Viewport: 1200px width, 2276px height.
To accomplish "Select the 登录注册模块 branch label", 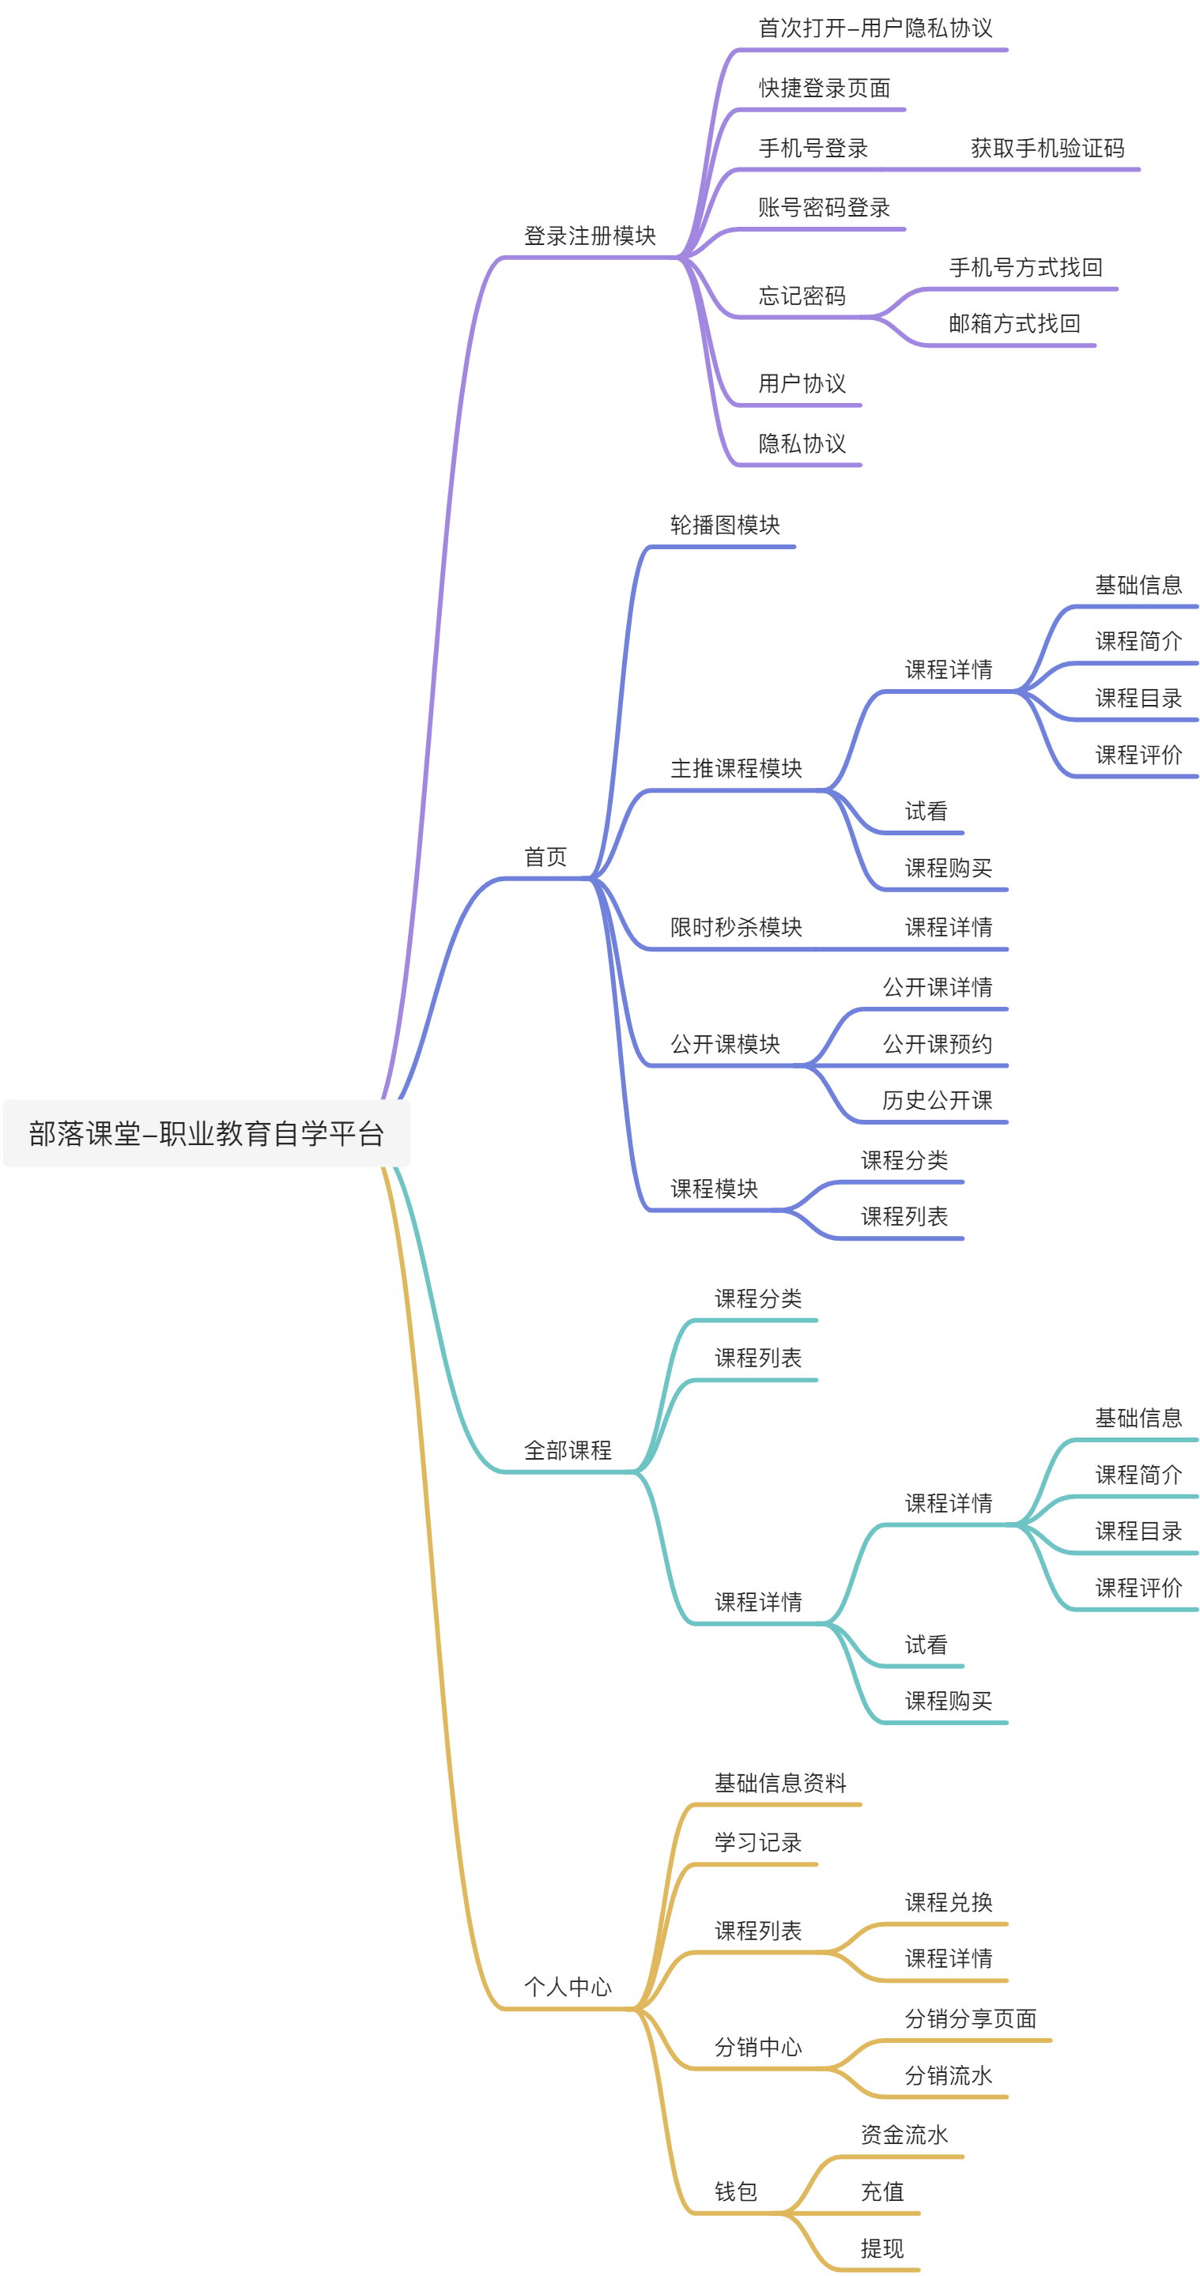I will pyautogui.click(x=590, y=236).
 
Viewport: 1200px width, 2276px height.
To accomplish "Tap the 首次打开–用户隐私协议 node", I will pyautogui.click(x=875, y=28).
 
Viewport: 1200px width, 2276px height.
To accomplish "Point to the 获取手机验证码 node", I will pyautogui.click(x=1047, y=149).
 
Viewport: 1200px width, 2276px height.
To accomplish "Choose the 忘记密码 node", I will pyautogui.click(x=802, y=296).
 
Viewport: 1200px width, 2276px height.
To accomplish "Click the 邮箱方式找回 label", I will pyautogui.click(x=1013, y=324).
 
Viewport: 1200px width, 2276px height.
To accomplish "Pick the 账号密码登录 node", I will pyautogui.click(x=824, y=208).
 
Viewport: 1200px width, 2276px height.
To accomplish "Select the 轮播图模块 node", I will pyautogui.click(x=725, y=526).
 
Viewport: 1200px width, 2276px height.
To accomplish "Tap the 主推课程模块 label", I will pyautogui.click(x=736, y=769).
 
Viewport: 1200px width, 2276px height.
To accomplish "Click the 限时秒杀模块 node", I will pyautogui.click(x=736, y=928).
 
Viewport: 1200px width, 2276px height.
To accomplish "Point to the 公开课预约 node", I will pyautogui.click(x=938, y=1044).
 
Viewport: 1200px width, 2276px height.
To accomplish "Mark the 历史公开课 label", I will pyautogui.click(x=937, y=1101).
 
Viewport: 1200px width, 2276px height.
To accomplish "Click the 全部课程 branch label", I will pyautogui.click(x=568, y=1451).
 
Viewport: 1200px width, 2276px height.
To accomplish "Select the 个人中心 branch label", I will pyautogui.click(x=568, y=1987).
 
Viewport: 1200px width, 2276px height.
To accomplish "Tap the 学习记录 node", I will pyautogui.click(x=757, y=1842).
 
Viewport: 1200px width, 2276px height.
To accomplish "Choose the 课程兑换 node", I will pyautogui.click(x=948, y=1902).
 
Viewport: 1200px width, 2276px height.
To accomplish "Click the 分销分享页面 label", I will pyautogui.click(x=970, y=2019).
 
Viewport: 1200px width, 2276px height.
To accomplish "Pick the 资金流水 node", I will pyautogui.click(x=904, y=2135).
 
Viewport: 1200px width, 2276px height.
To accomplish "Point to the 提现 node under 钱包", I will pyautogui.click(x=882, y=2248).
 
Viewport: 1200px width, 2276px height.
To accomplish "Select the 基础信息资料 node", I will pyautogui.click(x=780, y=1783).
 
